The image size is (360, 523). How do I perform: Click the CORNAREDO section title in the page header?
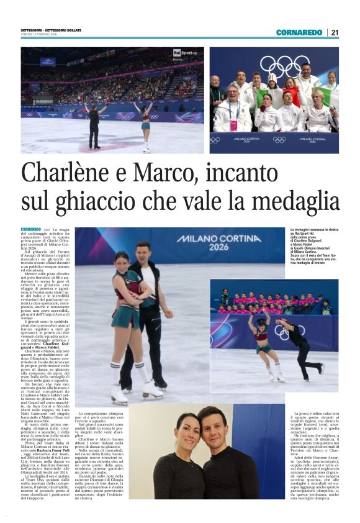tap(299, 32)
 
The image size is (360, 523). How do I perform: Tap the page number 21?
tap(334, 32)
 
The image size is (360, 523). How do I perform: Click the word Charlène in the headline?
tap(66, 175)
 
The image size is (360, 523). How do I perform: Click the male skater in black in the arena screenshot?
tap(94, 126)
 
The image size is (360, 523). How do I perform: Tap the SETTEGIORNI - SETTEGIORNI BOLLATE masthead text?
tap(49, 31)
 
